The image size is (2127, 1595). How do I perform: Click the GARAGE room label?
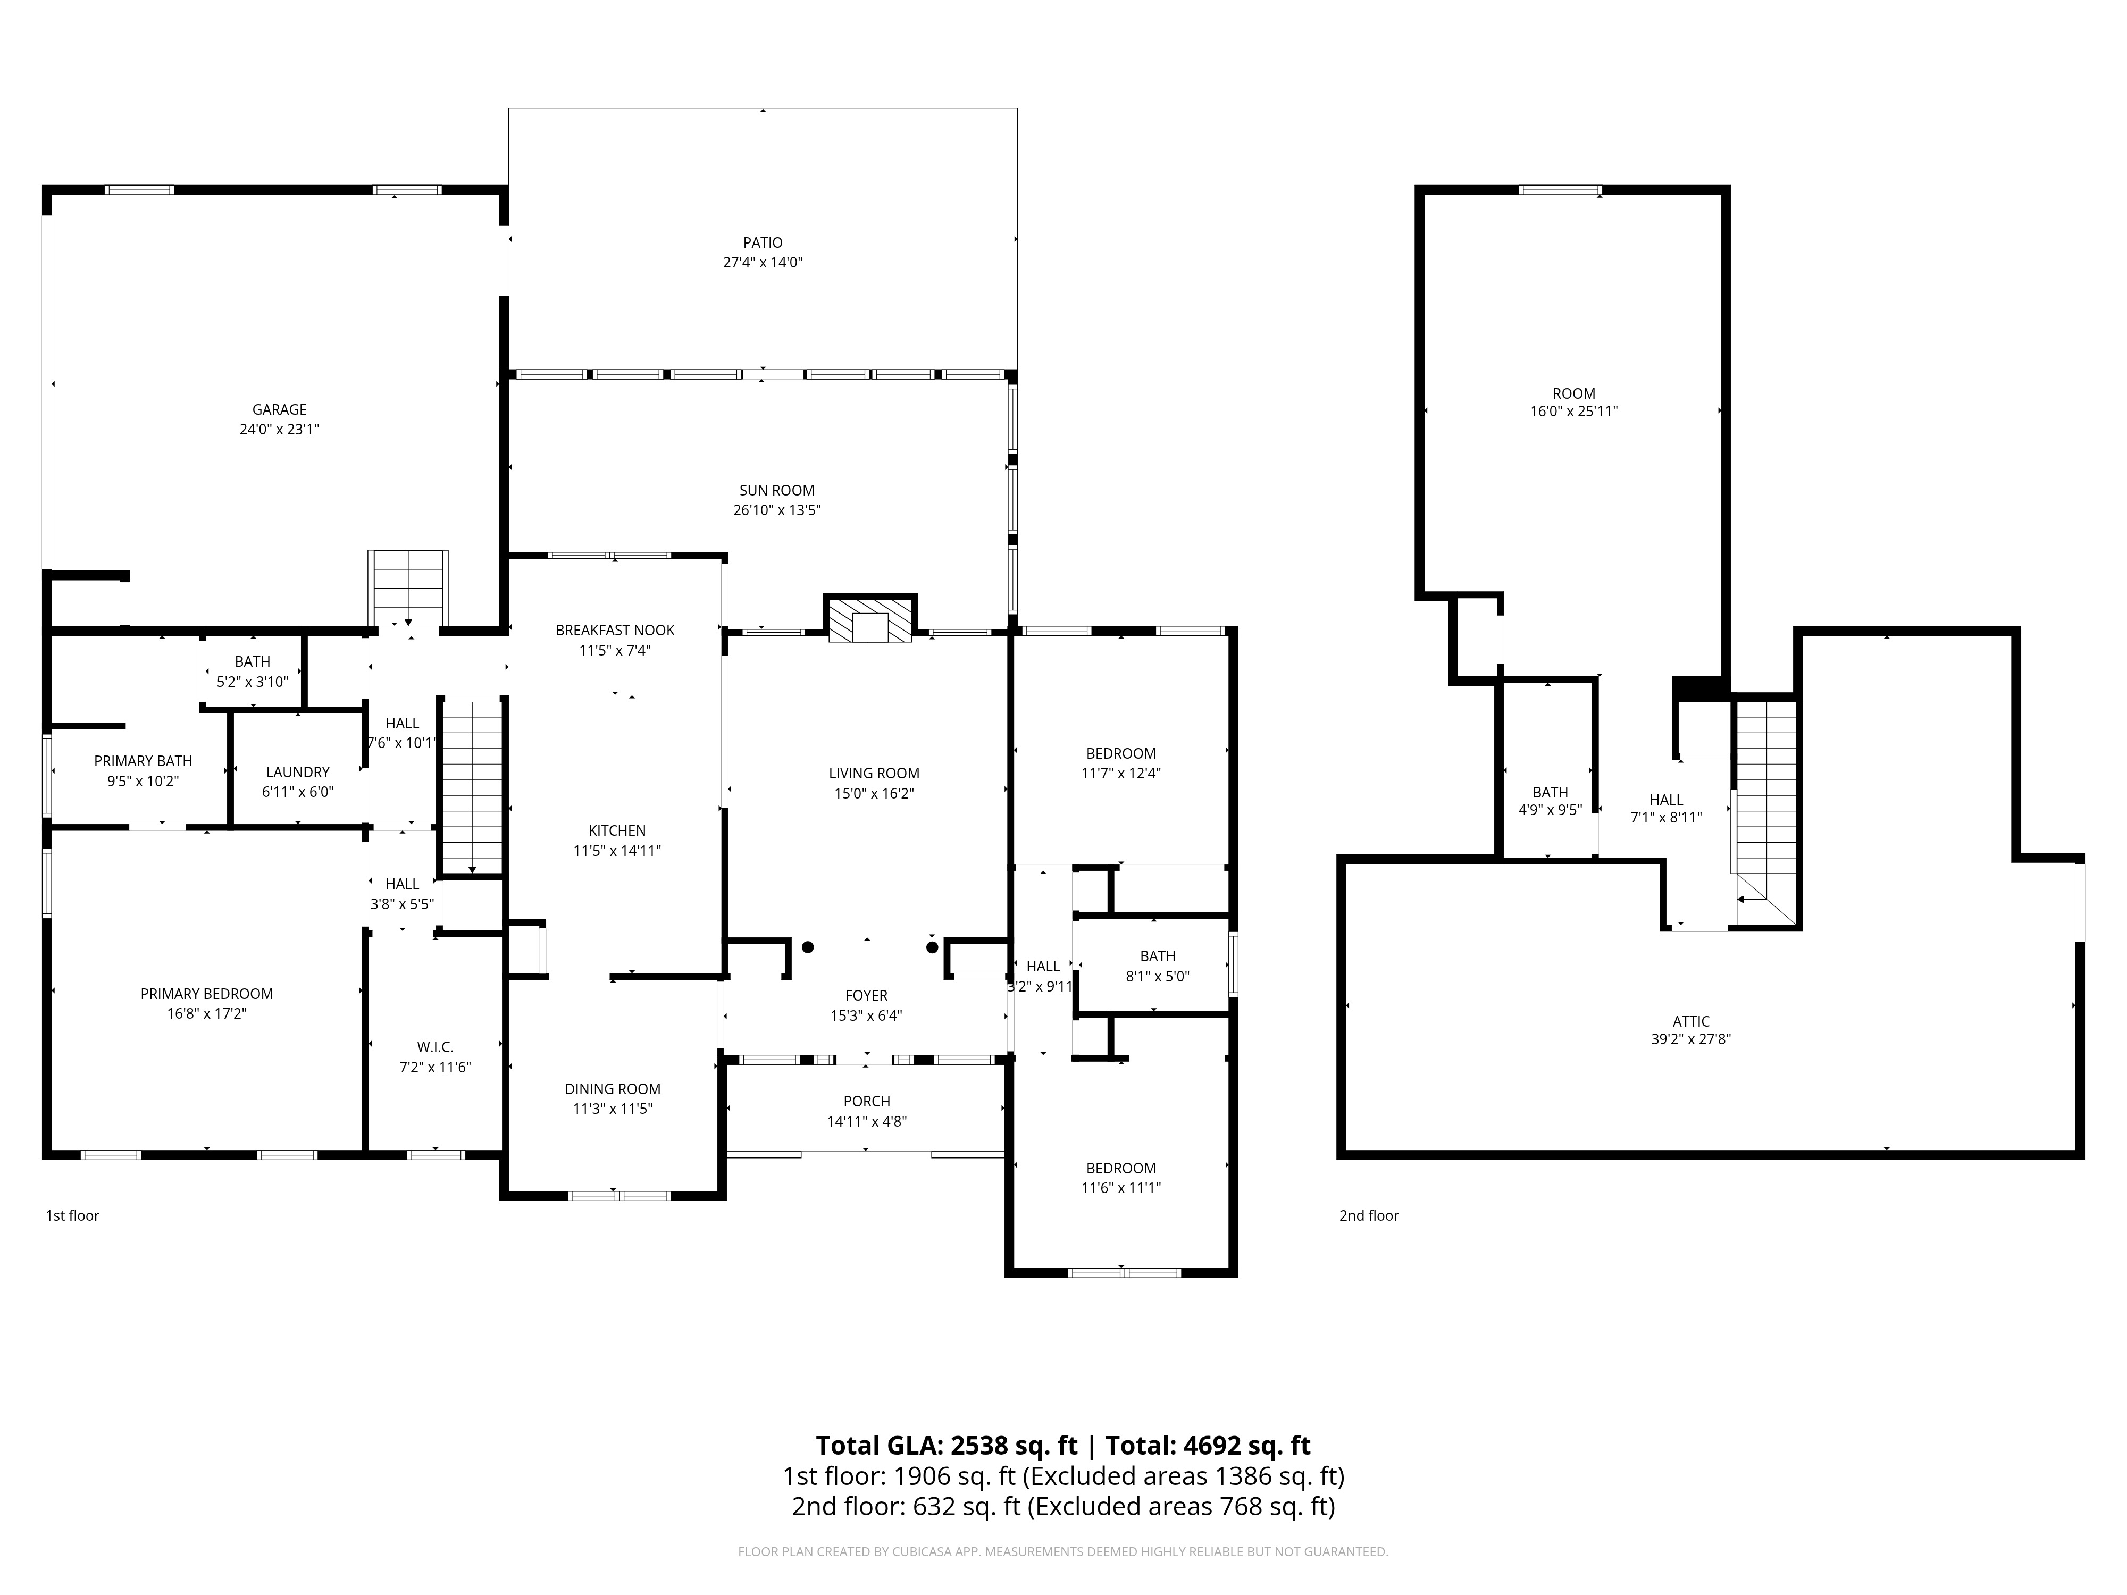(x=280, y=409)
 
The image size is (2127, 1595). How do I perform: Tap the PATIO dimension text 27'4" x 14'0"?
(x=763, y=263)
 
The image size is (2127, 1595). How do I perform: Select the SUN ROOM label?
(x=777, y=490)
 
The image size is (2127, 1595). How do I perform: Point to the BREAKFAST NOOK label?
(x=615, y=631)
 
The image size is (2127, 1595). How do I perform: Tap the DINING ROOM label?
(x=613, y=1089)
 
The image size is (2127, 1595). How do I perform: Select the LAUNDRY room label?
(x=298, y=772)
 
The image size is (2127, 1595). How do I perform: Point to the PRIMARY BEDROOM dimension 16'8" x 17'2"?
(x=207, y=1013)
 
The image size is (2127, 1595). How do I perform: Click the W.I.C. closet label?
(x=436, y=1047)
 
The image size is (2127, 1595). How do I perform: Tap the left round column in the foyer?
(x=808, y=947)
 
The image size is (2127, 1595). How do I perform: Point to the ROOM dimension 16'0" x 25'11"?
(x=1574, y=412)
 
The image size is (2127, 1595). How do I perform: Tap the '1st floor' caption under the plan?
(x=73, y=1215)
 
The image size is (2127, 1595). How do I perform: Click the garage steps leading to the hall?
(x=409, y=589)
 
